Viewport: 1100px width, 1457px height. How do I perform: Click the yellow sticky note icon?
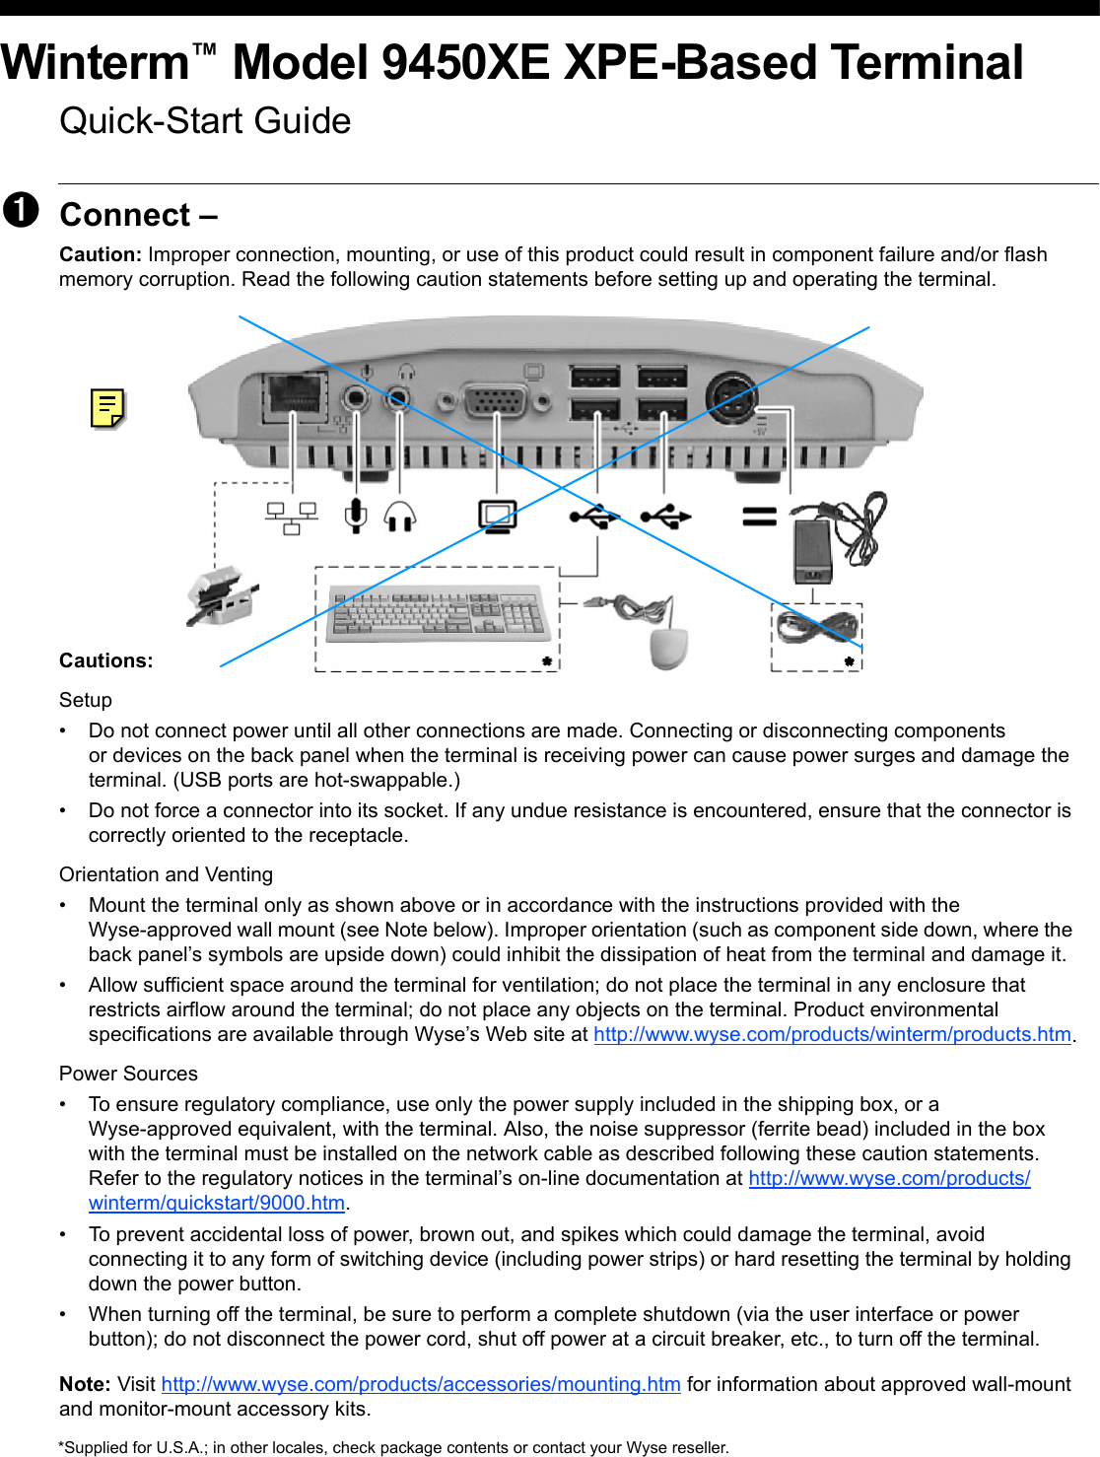pos(107,408)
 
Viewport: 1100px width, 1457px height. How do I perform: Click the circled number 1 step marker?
pos(21,210)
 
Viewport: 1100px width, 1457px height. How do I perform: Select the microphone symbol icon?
pos(356,516)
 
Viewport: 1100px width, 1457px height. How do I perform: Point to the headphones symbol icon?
pos(399,516)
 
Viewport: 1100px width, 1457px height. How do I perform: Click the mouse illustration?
pos(669,647)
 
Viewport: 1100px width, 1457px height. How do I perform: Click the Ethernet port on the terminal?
pos(295,393)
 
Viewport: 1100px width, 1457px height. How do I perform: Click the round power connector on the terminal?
pos(731,397)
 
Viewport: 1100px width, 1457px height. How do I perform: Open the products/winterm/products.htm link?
pos(832,1034)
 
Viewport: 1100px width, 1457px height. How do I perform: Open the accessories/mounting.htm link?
pos(421,1384)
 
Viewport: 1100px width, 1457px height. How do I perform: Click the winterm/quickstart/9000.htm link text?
pos(217,1203)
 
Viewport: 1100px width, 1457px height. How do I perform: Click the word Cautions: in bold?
pos(106,660)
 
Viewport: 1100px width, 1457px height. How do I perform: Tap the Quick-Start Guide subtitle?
pos(205,121)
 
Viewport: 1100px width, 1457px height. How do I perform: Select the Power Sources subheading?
pos(128,1074)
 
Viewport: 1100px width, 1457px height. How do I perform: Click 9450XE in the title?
pos(464,62)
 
